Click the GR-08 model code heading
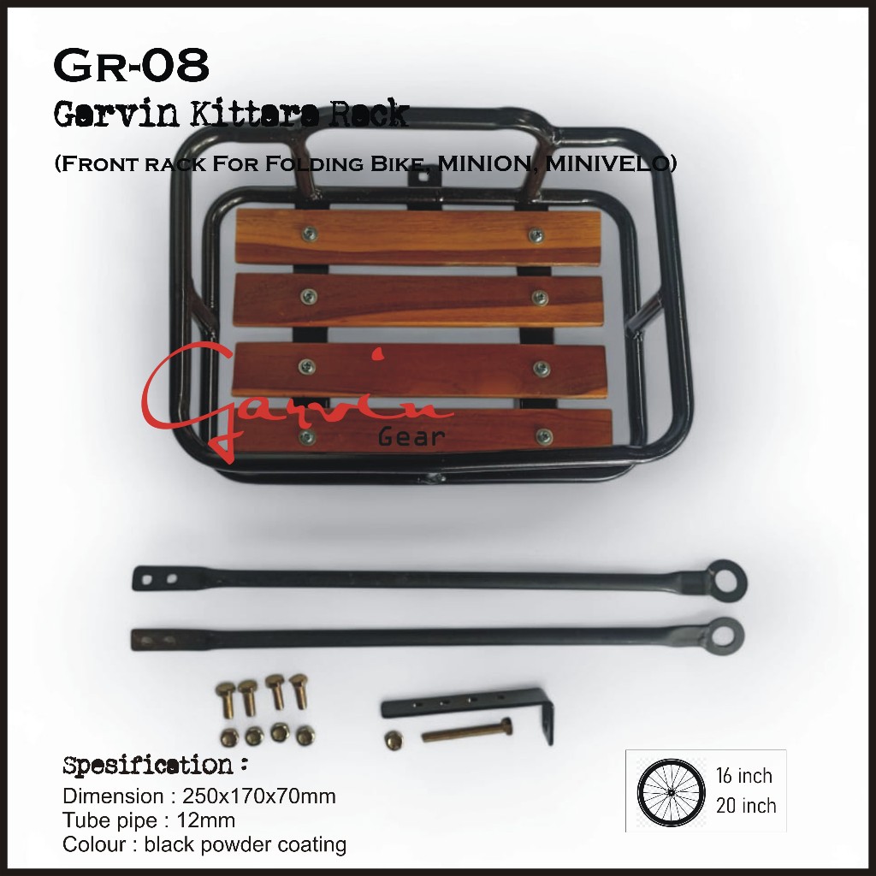pyautogui.click(x=131, y=67)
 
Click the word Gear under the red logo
pyautogui.click(x=411, y=437)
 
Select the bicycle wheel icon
pyautogui.click(x=669, y=791)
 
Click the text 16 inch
pyautogui.click(x=743, y=777)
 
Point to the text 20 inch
pyautogui.click(x=745, y=806)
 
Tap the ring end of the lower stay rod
pyautogui.click(x=725, y=635)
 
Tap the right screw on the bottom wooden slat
pyautogui.click(x=543, y=437)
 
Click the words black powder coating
pyautogui.click(x=246, y=845)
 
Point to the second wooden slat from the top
pyautogui.click(x=419, y=299)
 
